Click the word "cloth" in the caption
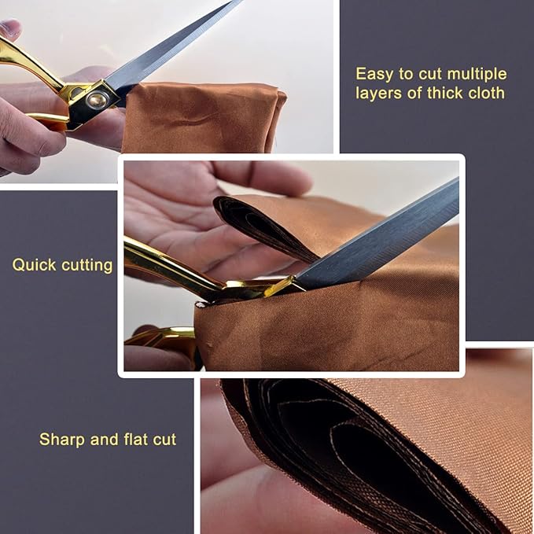pyautogui.click(x=487, y=93)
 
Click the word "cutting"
pyautogui.click(x=86, y=265)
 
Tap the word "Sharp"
pyautogui.click(x=61, y=439)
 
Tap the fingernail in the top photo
pyautogui.click(x=9, y=28)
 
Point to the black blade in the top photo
pyautogui.click(x=173, y=47)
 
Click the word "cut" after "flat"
pyautogui.click(x=162, y=439)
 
